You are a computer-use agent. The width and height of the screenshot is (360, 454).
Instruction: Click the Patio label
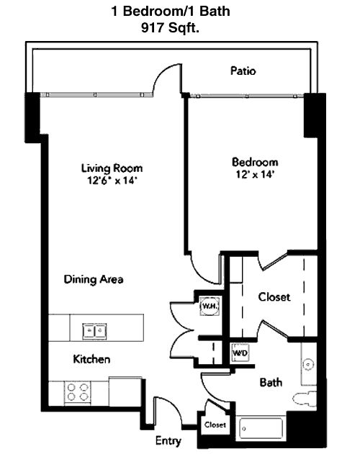[243, 71]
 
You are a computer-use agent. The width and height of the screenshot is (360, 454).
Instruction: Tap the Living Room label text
[112, 168]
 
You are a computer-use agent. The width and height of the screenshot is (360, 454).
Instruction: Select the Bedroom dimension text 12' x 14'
[255, 174]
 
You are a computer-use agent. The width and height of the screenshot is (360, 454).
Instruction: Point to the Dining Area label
[94, 279]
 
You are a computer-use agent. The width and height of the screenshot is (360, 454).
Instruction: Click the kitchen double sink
[94, 331]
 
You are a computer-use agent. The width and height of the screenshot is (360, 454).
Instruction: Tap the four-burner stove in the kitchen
[77, 392]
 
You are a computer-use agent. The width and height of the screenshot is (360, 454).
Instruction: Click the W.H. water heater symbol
[209, 306]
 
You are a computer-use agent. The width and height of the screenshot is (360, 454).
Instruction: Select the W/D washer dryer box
[240, 353]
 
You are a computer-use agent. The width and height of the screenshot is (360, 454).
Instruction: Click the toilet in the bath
[305, 399]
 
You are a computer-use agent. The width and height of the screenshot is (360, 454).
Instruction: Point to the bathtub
[261, 429]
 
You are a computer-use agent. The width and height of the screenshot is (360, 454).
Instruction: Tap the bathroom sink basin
[308, 364]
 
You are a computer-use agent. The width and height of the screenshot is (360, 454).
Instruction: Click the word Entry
[168, 440]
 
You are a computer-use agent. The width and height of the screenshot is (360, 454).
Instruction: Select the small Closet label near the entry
[215, 425]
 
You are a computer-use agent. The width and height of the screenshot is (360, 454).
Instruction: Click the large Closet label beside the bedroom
[274, 296]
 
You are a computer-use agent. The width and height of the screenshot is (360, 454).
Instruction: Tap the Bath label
[271, 383]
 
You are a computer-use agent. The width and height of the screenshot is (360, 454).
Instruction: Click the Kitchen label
[91, 359]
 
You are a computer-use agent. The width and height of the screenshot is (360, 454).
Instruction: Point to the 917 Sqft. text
[171, 28]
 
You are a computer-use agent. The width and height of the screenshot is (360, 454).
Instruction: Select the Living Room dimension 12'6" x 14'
[112, 181]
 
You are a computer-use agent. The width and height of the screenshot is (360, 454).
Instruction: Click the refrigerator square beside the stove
[125, 391]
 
